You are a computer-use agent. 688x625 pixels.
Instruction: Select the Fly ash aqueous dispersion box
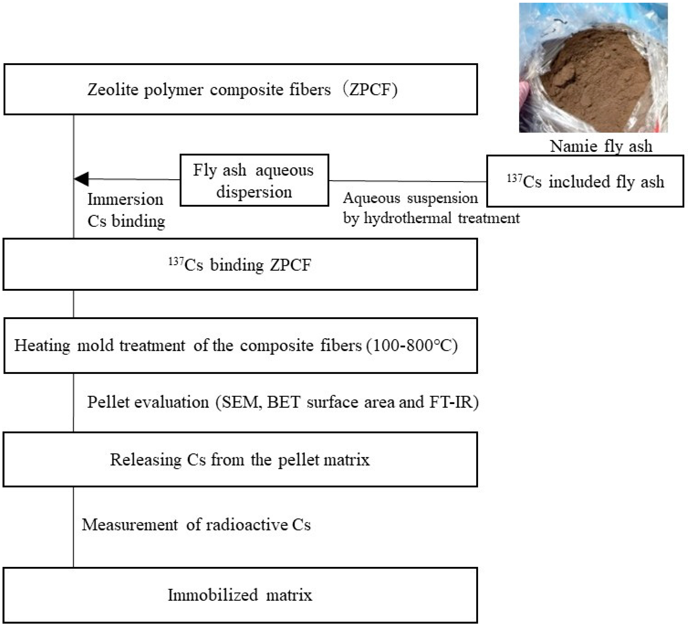254,180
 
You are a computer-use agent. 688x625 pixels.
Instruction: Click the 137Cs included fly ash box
585,181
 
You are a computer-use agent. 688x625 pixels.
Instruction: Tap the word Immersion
125,199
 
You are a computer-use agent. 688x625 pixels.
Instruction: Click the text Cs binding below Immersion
126,221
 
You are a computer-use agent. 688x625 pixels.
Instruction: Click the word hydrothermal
408,218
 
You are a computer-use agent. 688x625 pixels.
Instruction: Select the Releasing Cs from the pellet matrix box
240,459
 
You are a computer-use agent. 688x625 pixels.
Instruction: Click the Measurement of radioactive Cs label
196,525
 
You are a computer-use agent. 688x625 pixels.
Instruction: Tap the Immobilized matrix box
240,595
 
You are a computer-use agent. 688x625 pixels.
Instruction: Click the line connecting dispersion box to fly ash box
408,181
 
